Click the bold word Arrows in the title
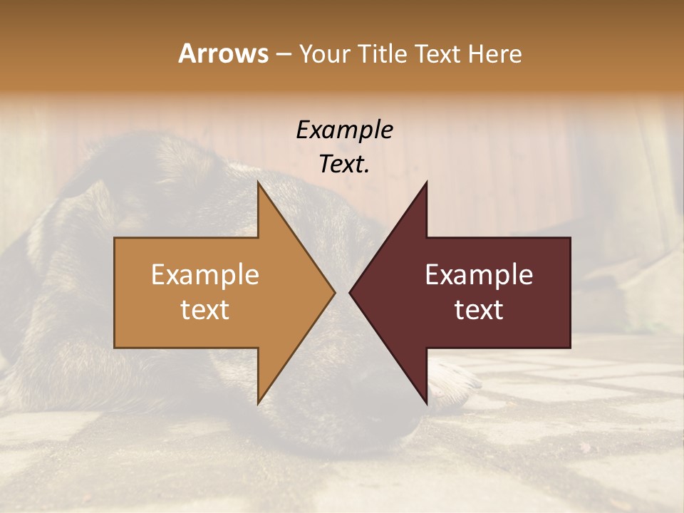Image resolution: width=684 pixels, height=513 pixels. coord(224,53)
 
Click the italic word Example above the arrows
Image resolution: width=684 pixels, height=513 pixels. coord(345,130)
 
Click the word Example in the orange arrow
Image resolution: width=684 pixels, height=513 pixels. coord(205,275)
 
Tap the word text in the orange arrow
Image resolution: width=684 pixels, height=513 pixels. coord(205,310)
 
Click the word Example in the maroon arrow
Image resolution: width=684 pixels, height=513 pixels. coord(479,275)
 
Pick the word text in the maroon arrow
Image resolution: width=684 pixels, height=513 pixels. coord(479,310)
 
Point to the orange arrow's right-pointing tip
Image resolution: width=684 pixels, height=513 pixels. coord(333,292)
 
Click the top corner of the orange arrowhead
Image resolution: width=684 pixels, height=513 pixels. coord(259,183)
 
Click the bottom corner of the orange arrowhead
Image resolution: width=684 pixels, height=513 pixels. coord(259,402)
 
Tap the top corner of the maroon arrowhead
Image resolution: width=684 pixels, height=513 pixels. coord(426,183)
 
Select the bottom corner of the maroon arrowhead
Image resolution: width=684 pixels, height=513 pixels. coord(426,402)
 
